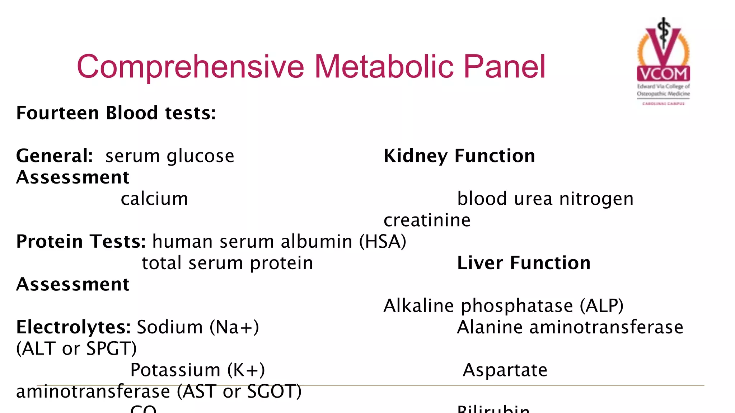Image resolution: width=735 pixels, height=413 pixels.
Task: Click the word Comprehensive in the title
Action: [191, 67]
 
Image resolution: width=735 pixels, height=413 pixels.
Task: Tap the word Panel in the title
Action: [504, 67]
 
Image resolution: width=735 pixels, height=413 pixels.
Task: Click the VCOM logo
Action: [663, 61]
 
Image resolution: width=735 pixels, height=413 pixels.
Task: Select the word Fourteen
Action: [57, 113]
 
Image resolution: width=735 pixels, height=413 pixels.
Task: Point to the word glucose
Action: [201, 156]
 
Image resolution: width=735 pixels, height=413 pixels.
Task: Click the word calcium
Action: [154, 199]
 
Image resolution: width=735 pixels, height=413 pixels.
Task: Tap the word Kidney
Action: [416, 156]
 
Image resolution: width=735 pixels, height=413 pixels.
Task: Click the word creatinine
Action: [427, 220]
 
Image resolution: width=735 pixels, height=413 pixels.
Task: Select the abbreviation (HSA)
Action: [383, 241]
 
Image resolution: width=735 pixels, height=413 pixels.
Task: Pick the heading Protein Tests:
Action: [81, 241]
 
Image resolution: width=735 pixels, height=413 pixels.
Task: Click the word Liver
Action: [480, 263]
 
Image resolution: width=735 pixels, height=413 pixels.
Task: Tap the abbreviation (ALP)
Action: [601, 306]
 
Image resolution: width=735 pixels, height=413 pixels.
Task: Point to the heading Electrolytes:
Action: [74, 327]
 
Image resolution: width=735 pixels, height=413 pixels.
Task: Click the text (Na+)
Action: [234, 327]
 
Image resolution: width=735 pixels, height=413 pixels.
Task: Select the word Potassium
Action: [175, 370]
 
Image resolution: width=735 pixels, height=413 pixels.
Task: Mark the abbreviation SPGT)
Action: [112, 348]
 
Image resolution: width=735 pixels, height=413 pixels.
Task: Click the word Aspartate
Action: [505, 370]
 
